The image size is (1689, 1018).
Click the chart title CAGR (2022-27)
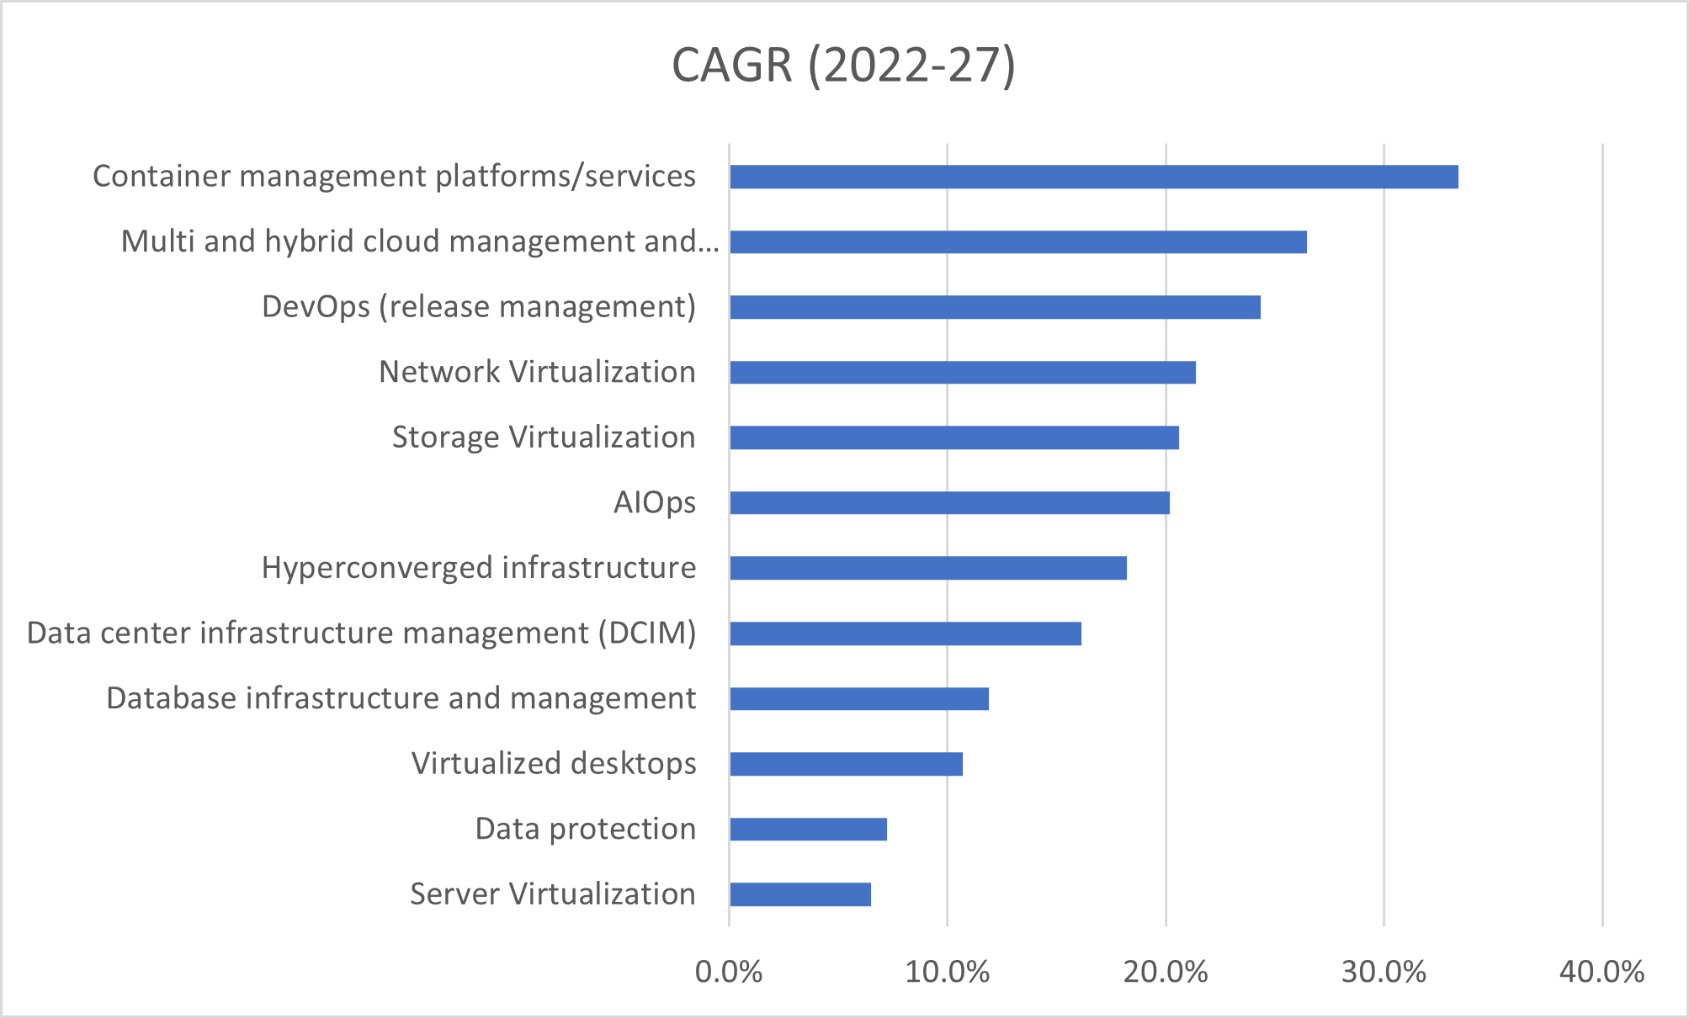(843, 66)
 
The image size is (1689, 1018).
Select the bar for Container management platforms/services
(1093, 177)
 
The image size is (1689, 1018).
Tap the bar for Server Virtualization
(799, 894)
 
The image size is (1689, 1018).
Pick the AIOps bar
(949, 503)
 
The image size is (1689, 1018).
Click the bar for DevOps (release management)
(995, 307)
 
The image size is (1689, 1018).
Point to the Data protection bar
(808, 830)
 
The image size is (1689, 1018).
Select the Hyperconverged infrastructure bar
(927, 568)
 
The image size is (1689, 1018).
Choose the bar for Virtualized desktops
(846, 764)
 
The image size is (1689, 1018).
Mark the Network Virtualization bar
(962, 372)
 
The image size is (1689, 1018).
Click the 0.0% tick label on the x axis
(729, 973)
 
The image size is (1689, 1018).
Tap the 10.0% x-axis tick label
(947, 973)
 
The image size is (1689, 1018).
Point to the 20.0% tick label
(1166, 973)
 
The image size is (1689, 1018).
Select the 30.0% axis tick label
(1384, 973)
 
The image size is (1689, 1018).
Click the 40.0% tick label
(1601, 973)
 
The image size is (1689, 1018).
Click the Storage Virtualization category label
(544, 437)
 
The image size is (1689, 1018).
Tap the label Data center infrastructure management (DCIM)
(361, 633)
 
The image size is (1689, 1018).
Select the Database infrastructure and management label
(401, 698)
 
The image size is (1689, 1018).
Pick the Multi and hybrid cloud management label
(420, 241)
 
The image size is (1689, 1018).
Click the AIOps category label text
(654, 502)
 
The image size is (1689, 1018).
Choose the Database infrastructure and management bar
(858, 698)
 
